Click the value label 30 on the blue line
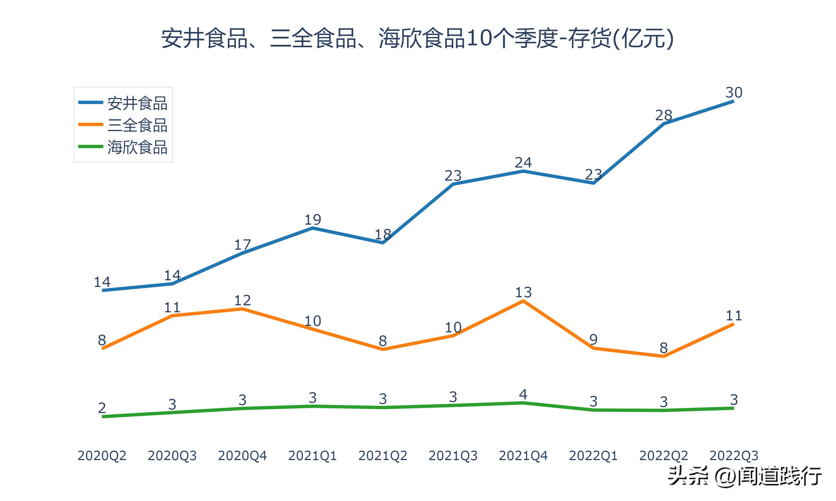734,92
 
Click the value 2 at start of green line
102,408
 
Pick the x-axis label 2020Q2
102,456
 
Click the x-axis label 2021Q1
313,456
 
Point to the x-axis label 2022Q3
734,456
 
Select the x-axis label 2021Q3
453,456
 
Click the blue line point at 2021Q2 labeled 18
383,242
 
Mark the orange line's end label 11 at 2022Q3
734,316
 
